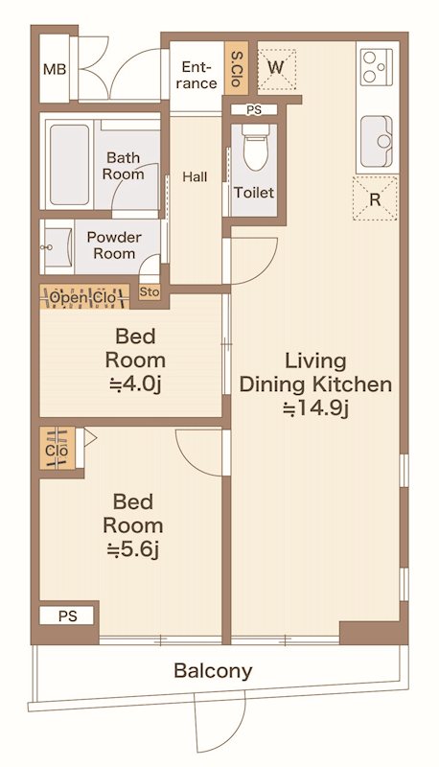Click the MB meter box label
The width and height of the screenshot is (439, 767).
pos(55,69)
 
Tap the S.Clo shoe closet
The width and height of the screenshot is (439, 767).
pos(237,68)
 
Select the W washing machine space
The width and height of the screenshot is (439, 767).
pos(277,68)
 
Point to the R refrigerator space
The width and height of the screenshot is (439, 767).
pos(375,198)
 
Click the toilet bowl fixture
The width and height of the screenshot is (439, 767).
pos(256,147)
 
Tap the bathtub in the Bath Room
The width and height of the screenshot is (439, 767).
pos(70,164)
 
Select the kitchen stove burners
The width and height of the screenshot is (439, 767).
pos(377,67)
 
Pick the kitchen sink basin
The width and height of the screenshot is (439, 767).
pos(377,141)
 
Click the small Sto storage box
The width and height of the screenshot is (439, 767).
pos(150,292)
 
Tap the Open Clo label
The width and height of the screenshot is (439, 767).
pos(83,297)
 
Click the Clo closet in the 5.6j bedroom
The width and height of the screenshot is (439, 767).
pos(57,448)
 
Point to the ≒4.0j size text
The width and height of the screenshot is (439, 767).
pos(135,384)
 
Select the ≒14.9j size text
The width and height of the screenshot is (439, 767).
pos(315,408)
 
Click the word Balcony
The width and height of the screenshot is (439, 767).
pos(213,670)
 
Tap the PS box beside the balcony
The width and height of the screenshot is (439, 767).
pos(67,616)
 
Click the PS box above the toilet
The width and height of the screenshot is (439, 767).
pos(254,110)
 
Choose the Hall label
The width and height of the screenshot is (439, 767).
pos(195,176)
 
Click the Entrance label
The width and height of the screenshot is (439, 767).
pos(196,75)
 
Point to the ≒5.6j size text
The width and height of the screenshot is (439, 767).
pos(133,549)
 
